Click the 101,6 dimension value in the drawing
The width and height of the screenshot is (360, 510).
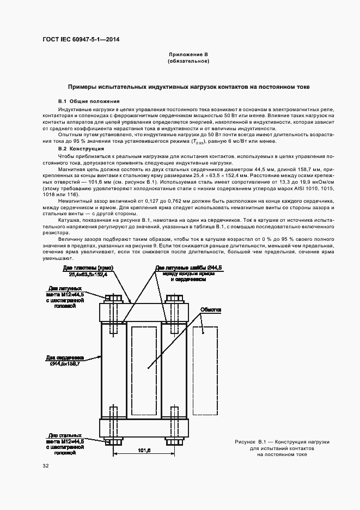tap(144, 451)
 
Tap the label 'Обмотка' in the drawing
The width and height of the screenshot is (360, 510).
tap(210, 309)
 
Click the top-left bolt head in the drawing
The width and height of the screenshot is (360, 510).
tap(115, 298)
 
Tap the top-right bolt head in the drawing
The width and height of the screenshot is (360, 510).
tap(174, 298)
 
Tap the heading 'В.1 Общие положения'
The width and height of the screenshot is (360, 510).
tap(89, 101)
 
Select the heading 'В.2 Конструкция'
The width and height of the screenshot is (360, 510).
tap(81, 149)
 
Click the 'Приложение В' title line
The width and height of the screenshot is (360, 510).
tap(188, 55)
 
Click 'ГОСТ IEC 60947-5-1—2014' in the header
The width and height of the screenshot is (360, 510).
tap(81, 39)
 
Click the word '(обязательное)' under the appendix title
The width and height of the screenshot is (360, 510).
tap(188, 62)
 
